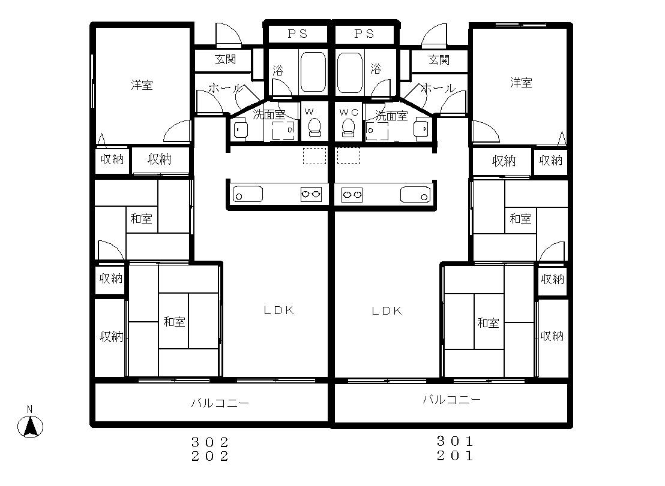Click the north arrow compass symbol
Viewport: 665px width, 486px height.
point(30,427)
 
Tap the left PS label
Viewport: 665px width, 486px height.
point(298,34)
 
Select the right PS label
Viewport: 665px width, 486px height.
point(364,34)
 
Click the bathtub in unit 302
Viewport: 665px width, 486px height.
point(313,73)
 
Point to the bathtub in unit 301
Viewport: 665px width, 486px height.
point(350,73)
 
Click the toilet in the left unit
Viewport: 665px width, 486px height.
point(314,127)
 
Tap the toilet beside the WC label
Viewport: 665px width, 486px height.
point(348,127)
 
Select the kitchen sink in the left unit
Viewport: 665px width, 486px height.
point(248,194)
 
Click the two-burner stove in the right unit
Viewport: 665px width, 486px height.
point(352,195)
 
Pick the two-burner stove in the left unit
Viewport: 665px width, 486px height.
point(311,194)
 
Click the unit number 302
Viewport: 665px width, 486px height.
point(210,442)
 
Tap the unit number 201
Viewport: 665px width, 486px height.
point(455,456)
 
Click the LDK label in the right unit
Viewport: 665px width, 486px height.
point(387,311)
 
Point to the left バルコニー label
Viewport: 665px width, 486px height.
point(220,403)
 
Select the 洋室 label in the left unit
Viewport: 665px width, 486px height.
point(142,85)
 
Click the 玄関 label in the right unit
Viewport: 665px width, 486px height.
point(439,60)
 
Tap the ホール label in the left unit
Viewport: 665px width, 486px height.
point(226,89)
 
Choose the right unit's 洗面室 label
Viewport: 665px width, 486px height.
point(391,116)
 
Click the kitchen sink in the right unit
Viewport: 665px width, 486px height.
point(415,195)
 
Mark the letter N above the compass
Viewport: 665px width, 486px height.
point(29,409)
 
